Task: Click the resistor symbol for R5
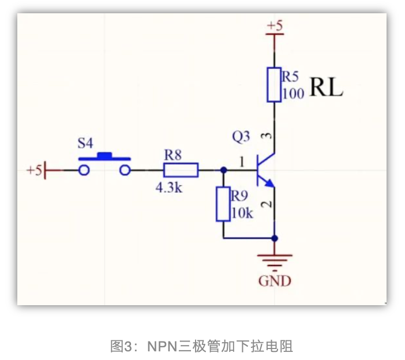(x=274, y=85)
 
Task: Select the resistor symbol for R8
(x=181, y=170)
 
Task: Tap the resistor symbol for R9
(x=223, y=204)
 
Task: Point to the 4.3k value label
(x=169, y=187)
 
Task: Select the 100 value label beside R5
(x=293, y=93)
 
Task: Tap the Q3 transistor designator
(x=241, y=137)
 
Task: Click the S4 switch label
(x=87, y=142)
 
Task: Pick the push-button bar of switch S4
(x=104, y=156)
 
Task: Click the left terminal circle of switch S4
(x=84, y=170)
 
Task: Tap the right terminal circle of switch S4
(x=125, y=170)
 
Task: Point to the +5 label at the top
(x=275, y=26)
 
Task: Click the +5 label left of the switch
(x=34, y=171)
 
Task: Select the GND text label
(x=275, y=281)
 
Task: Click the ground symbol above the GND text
(x=275, y=260)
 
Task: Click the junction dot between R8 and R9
(x=223, y=170)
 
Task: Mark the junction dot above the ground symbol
(x=275, y=238)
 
